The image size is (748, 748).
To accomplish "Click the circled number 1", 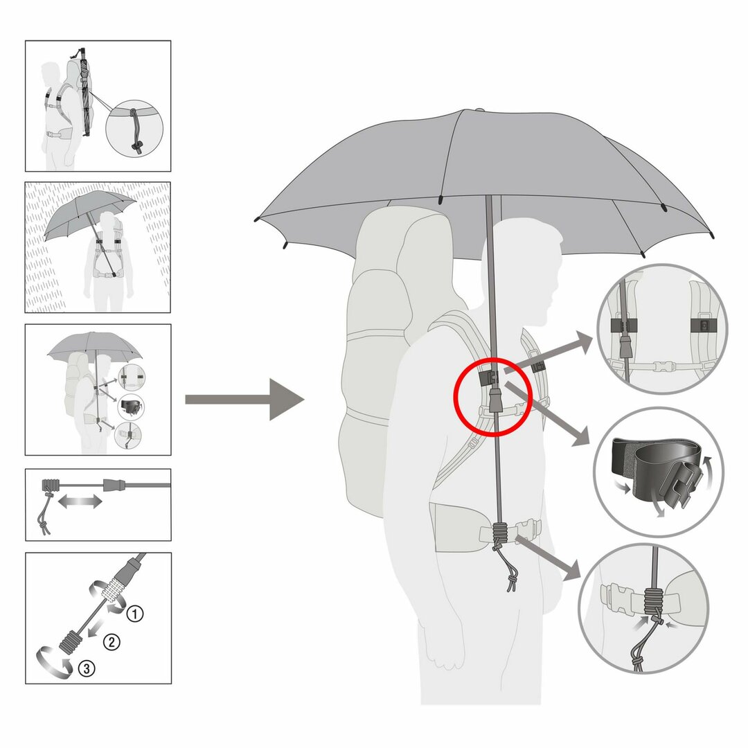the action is click(x=135, y=614).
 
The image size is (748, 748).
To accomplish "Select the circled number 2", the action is click(x=112, y=642).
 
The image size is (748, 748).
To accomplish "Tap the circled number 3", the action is click(x=87, y=668).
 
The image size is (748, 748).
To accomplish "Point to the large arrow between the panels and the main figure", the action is click(x=244, y=400).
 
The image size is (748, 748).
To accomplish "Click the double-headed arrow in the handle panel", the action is click(x=80, y=501).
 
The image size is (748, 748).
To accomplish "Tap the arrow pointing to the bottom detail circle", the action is click(x=548, y=558).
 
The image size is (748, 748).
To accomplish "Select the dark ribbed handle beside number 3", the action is click(x=71, y=641).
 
